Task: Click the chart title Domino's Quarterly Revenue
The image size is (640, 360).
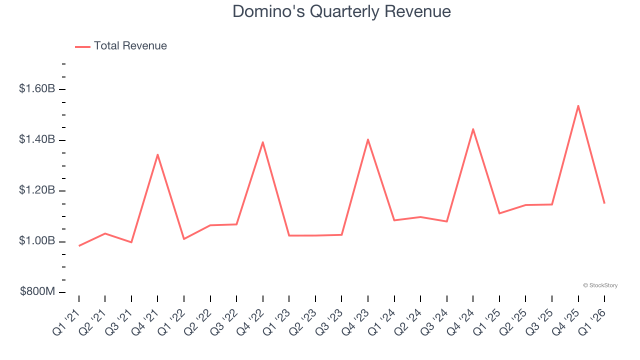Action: tap(341, 11)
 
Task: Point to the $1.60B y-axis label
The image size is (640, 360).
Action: tap(37, 89)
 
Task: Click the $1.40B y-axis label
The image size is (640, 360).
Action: tap(37, 139)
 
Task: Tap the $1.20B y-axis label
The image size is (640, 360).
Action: tap(37, 190)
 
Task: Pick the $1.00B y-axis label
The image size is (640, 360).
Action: tap(37, 241)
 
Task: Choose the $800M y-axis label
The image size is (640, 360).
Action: tap(37, 292)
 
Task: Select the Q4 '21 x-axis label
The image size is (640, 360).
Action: tap(146, 321)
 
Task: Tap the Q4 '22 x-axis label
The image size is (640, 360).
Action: tap(251, 321)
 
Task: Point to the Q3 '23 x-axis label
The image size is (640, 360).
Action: tap(330, 321)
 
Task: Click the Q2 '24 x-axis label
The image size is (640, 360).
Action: tap(408, 321)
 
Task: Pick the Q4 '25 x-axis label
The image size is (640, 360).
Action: tap(566, 321)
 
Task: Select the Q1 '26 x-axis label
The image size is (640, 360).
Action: tap(593, 321)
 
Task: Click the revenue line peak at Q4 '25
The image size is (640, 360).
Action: tap(578, 106)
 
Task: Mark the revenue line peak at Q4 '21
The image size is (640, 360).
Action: tap(157, 154)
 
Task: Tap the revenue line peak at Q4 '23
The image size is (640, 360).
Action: tap(368, 139)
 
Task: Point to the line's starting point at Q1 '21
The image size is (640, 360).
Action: tap(79, 245)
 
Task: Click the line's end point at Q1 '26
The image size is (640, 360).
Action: tap(604, 203)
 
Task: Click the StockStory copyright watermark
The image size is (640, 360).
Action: tap(600, 285)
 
